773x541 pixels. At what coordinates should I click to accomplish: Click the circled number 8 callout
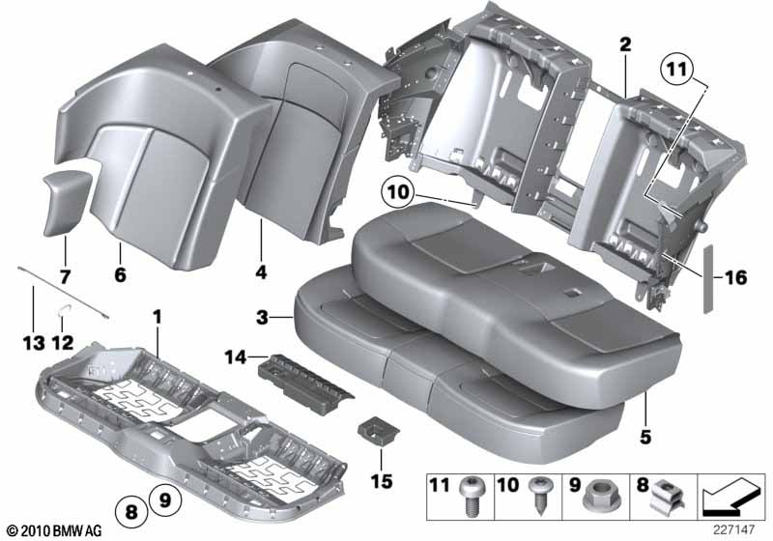pos(131,511)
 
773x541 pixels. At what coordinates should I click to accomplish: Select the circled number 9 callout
pos(165,500)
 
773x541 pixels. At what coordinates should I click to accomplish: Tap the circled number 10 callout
pos(398,191)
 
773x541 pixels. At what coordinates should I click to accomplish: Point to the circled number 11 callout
pos(676,69)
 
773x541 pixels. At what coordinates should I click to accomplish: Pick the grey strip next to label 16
pos(708,278)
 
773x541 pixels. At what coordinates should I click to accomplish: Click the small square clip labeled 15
pos(377,431)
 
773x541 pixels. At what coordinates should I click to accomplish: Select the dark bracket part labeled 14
pos(304,380)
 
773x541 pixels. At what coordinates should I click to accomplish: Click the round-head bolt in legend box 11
pos(471,496)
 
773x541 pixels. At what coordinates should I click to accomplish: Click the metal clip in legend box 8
pos(667,497)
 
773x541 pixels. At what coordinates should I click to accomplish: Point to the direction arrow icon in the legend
pos(730,498)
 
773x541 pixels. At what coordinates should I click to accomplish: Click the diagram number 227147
pos(733,529)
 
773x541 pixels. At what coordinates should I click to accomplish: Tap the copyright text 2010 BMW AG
pos(54,530)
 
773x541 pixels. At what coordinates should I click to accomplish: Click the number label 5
pos(645,437)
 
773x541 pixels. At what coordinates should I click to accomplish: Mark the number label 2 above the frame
pos(625,44)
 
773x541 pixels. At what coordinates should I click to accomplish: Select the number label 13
pos(34,343)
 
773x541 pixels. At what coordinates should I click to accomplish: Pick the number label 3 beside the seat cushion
pos(262,317)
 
